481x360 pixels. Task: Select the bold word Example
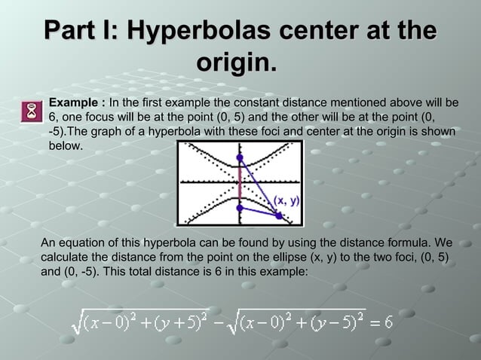click(x=74, y=102)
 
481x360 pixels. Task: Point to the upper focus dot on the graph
click(x=240, y=158)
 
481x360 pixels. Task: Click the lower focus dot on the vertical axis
click(x=240, y=207)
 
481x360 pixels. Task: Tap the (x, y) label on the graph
click(x=286, y=200)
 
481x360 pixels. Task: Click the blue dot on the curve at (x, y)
click(x=279, y=216)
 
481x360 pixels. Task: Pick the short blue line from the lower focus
click(x=259, y=212)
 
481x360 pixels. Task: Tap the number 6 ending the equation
click(x=388, y=322)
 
